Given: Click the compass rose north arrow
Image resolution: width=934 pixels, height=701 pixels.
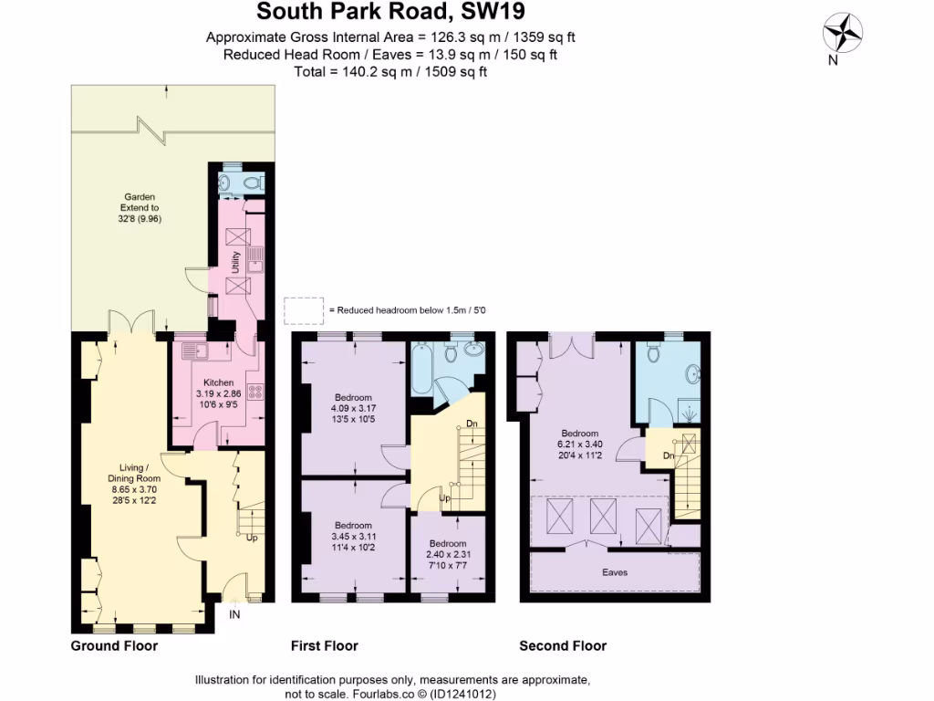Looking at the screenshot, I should click(844, 35).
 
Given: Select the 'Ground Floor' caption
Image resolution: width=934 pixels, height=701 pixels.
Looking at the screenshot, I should click(114, 646).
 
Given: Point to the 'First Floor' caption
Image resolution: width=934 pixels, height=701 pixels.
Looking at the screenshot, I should click(324, 646).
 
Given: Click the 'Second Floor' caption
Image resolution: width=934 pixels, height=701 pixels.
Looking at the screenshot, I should click(563, 646).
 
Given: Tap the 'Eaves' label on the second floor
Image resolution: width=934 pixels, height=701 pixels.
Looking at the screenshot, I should click(614, 572).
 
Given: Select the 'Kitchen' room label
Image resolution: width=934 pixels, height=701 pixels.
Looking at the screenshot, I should click(218, 382).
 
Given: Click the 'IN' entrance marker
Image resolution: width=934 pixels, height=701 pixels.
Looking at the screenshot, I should click(234, 616).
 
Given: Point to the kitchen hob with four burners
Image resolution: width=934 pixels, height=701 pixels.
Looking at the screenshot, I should click(255, 392).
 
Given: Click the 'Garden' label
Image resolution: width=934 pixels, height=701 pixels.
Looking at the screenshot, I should click(140, 196).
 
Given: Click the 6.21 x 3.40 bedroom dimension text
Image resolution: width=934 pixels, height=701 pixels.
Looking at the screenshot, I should click(579, 445).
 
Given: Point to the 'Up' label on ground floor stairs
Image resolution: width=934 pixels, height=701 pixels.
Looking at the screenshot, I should click(252, 538).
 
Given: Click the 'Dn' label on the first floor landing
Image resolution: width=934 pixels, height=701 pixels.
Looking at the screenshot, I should click(471, 424).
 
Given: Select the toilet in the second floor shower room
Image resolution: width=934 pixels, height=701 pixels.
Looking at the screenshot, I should click(653, 352).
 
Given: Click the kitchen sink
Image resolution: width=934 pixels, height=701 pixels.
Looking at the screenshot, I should click(194, 350).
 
